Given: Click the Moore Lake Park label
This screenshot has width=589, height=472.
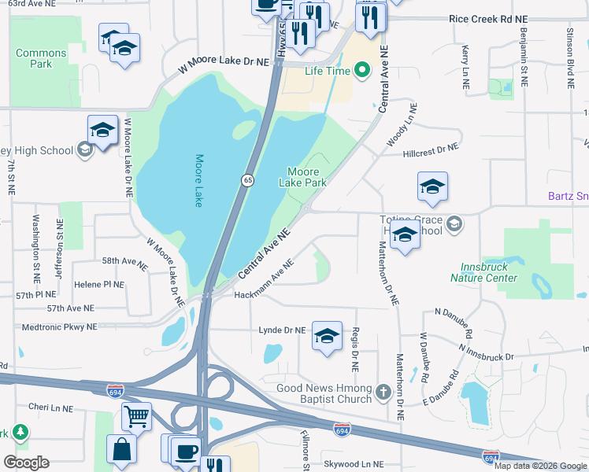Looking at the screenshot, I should tap(302, 177).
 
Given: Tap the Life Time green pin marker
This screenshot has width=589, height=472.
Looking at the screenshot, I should tap(362, 72).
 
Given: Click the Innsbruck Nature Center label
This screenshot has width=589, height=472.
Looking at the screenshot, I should tap(484, 272).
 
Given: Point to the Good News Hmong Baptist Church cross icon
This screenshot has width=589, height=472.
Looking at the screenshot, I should tap(383, 391).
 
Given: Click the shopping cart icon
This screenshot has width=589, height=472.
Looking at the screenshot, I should tap(137, 416).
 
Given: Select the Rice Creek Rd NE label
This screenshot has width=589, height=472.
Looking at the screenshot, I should tap(491, 18).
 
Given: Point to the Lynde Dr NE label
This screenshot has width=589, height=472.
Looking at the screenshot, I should tap(282, 330).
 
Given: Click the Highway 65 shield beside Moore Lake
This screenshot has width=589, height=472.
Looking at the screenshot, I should tap(247, 180).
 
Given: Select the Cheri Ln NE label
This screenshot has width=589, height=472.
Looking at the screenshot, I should tap(50, 409).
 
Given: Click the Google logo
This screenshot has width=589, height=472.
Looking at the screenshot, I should tap(26, 463).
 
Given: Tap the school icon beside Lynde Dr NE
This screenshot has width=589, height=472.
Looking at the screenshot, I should tap(327, 336).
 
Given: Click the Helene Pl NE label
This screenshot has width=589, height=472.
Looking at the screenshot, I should tap(98, 284).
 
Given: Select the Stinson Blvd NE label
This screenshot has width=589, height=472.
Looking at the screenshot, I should tap(569, 46).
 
